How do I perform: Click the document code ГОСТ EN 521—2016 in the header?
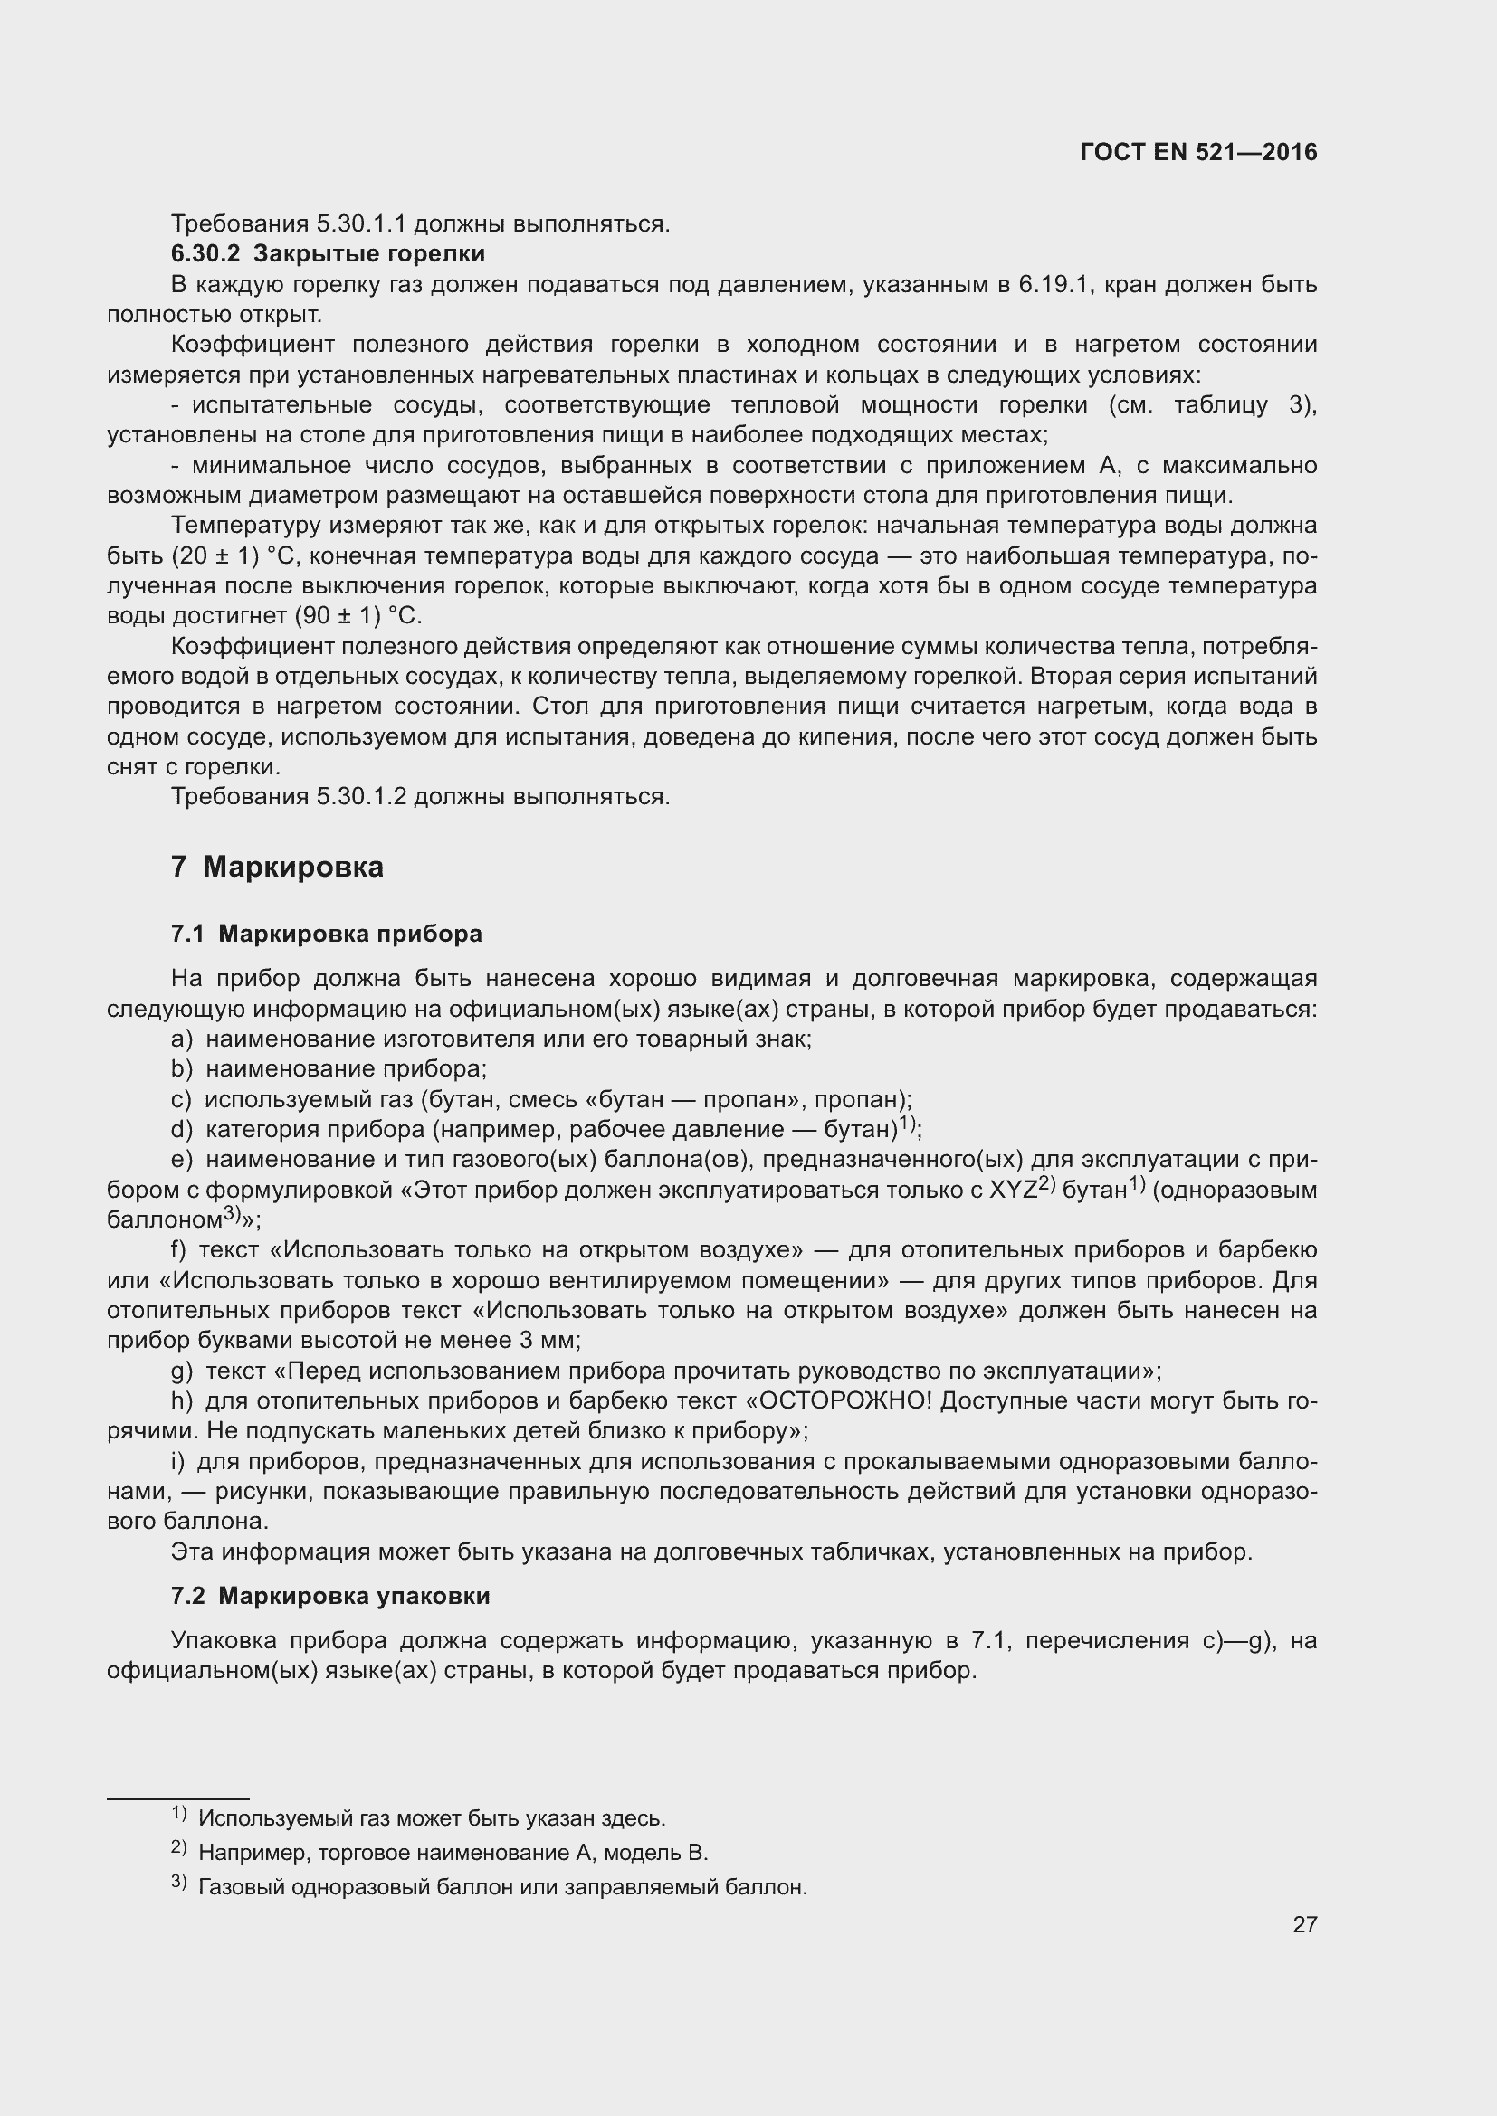tap(1198, 153)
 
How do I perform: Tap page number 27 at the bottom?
tap(1304, 1923)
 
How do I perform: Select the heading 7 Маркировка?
tap(277, 868)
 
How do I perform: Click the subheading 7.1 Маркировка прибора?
tap(327, 934)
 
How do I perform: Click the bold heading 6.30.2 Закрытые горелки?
tap(328, 252)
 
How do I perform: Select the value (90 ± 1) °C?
tap(358, 616)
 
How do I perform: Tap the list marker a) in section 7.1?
tap(182, 1039)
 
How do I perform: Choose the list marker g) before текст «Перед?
tap(182, 1371)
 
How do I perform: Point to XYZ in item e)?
tap(1012, 1190)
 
